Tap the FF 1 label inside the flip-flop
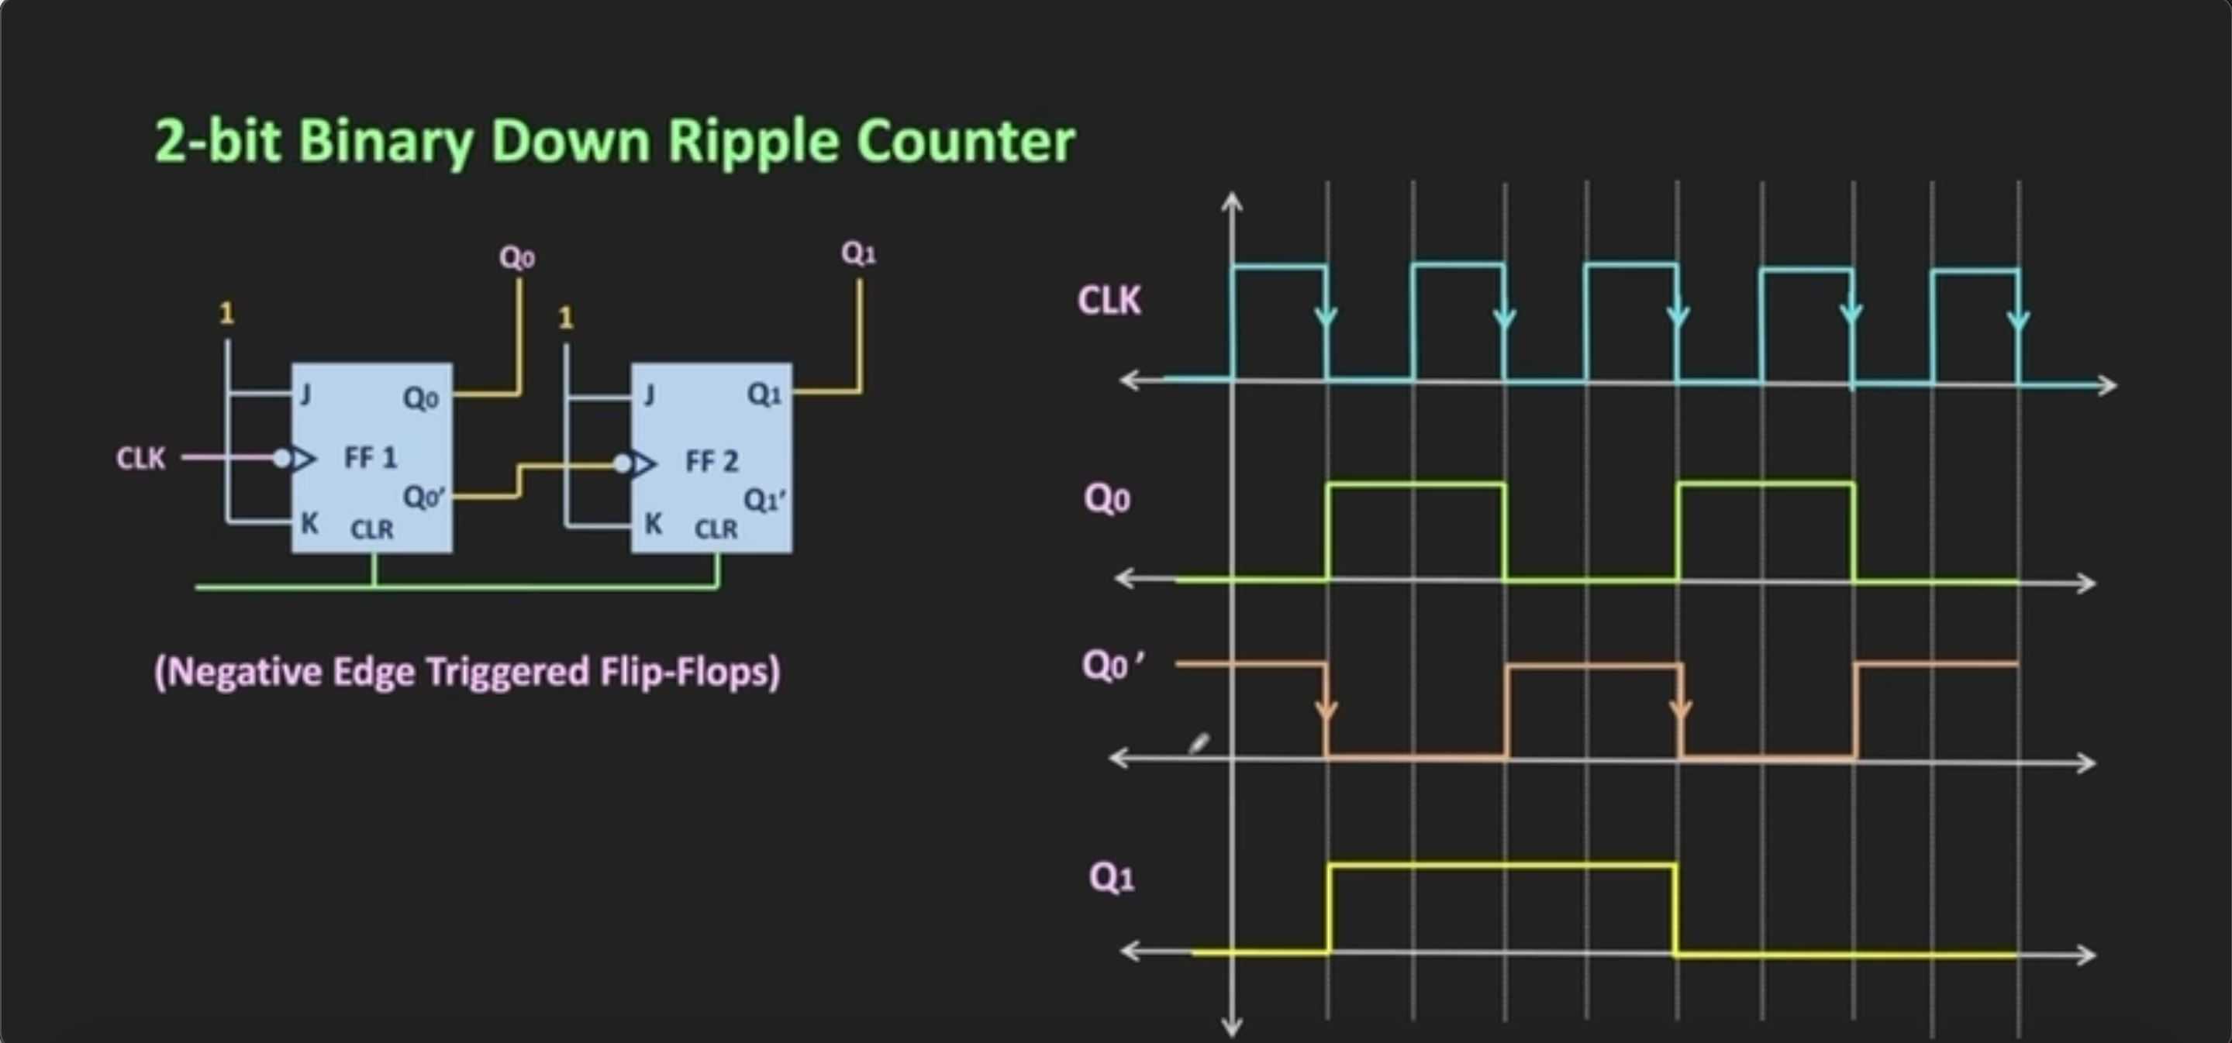(x=370, y=457)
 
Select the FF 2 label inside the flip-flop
(x=712, y=462)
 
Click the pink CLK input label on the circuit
(x=140, y=458)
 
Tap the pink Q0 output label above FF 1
(x=516, y=257)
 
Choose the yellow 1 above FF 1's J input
(x=226, y=313)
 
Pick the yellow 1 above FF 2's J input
(x=566, y=318)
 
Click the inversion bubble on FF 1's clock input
(x=281, y=458)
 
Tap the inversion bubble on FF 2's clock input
(x=622, y=464)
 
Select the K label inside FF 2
(x=654, y=523)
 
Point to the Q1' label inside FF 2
(x=764, y=501)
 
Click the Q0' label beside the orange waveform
(x=1112, y=666)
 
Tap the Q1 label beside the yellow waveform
(x=1111, y=877)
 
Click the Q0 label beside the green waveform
(x=1106, y=499)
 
